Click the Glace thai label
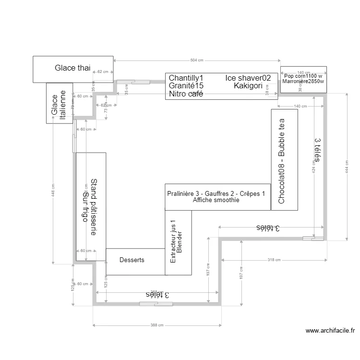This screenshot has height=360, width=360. (x=72, y=68)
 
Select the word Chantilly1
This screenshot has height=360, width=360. (x=186, y=78)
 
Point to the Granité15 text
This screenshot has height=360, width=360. (x=186, y=86)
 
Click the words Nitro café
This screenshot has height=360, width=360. (x=186, y=94)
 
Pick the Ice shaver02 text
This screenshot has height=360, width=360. (x=248, y=78)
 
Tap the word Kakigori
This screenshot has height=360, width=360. (x=248, y=86)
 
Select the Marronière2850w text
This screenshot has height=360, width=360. (x=303, y=82)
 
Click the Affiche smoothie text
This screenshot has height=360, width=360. (x=216, y=201)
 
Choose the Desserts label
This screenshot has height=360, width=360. (x=132, y=260)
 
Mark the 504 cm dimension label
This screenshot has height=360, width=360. (x=197, y=60)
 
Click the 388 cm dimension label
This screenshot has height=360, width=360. (x=157, y=325)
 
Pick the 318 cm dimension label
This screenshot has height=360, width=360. (x=274, y=260)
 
